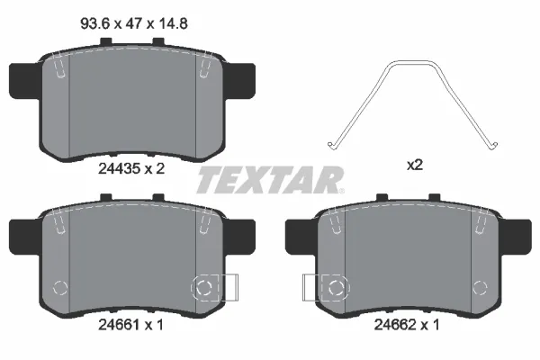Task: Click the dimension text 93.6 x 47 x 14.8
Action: pos(134,24)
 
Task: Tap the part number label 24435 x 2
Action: pos(131,169)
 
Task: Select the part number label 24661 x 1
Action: pos(130,325)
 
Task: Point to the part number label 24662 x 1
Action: pos(407,325)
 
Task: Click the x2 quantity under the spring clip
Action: pos(415,166)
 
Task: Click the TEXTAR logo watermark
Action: pos(270,180)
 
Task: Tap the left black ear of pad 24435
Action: pos(25,81)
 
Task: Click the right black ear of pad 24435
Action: pos(239,81)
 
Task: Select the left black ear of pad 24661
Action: pos(25,237)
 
